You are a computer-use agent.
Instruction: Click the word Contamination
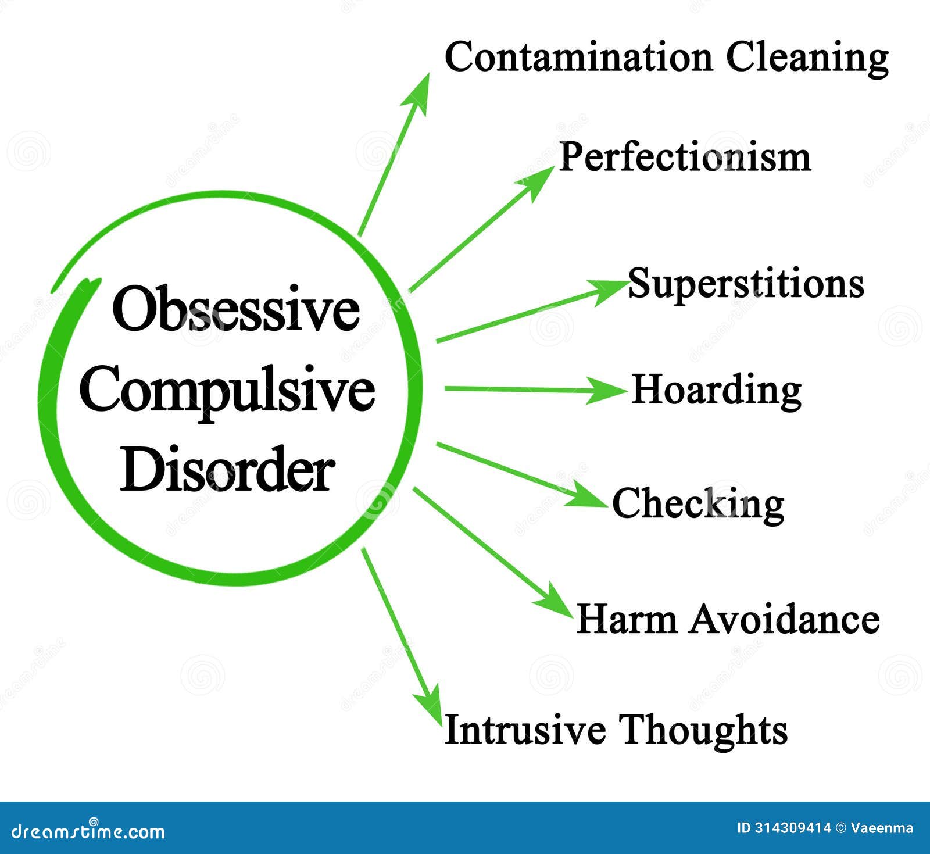point(578,58)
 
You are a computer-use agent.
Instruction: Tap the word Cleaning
point(808,59)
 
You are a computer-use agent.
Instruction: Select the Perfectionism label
point(685,158)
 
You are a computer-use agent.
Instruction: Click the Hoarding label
point(716,390)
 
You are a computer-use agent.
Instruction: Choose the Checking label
point(698,503)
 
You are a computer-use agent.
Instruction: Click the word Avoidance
point(785,619)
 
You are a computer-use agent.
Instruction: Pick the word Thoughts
point(703,729)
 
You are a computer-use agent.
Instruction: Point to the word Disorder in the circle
point(227,470)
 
